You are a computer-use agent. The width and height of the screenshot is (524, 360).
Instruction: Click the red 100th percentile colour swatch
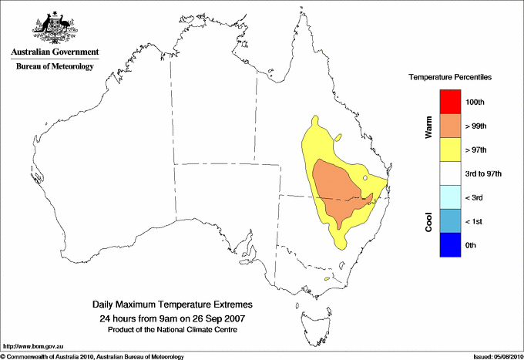click(448, 101)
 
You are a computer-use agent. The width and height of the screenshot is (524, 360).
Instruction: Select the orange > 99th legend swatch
click(448, 125)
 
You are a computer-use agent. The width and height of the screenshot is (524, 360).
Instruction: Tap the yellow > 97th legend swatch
click(448, 149)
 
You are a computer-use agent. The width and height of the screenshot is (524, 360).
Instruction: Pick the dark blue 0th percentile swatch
click(448, 245)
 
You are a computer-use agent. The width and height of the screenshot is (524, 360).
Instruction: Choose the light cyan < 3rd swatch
click(448, 197)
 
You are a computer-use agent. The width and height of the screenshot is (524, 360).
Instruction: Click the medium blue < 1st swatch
click(448, 221)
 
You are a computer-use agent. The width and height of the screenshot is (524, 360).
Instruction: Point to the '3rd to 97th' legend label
click(484, 174)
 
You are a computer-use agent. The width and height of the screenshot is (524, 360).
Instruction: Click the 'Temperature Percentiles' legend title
click(450, 78)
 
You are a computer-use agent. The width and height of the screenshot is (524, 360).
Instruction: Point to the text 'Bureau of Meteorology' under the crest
click(55, 66)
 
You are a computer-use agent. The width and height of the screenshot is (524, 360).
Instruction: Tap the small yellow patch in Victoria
click(327, 278)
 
